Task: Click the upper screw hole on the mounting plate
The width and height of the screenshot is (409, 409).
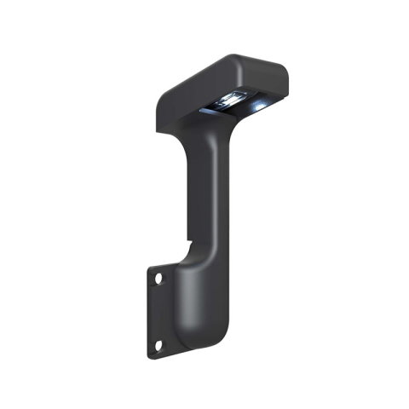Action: point(158,278)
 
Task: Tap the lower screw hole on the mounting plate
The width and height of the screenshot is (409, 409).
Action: point(158,344)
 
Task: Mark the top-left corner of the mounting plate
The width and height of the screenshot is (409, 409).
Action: point(147,266)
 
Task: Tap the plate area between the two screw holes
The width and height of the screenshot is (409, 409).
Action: point(158,311)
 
